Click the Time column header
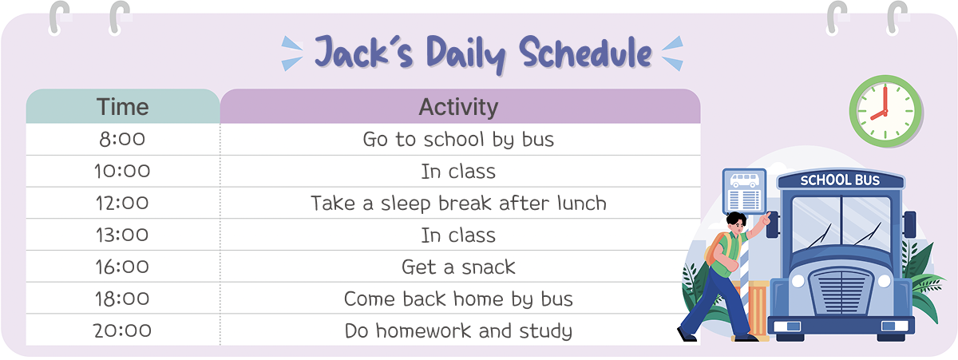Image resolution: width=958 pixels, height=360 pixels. pos(123,106)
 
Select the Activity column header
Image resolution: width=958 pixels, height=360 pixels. pos(460,106)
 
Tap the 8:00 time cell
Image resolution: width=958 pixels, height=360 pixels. pos(122,140)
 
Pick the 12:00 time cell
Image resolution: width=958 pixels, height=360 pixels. pos(122,203)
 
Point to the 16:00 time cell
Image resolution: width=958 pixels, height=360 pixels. pos(122,267)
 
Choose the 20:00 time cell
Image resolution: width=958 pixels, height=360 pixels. pos(122,330)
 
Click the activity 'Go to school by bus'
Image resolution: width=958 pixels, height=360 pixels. pos(458,140)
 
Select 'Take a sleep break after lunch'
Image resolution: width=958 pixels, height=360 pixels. pos(458,204)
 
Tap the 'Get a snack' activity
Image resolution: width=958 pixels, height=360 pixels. pos(458,267)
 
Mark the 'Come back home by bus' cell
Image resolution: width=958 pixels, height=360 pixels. pos(458,299)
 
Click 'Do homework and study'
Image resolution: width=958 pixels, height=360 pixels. pos(458,331)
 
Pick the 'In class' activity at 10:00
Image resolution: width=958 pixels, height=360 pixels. pos(458,172)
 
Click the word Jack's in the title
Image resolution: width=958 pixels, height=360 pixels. pos(364,53)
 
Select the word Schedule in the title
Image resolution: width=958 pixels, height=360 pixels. pos(585,53)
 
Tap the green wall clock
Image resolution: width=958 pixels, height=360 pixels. pos(885,111)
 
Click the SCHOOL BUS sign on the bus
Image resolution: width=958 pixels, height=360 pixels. pos(840,180)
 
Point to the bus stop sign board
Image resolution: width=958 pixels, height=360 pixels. pos(744,192)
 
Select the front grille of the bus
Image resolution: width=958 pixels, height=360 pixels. pos(841,291)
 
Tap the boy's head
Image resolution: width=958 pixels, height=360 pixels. pos(736,223)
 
